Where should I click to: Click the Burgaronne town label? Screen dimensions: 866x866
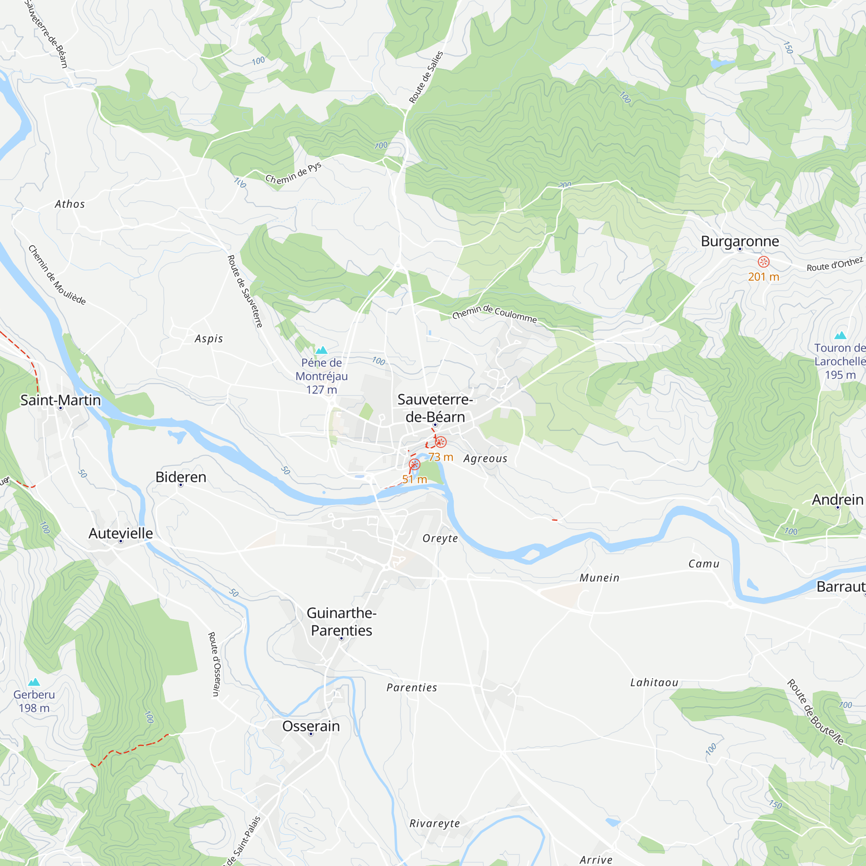[740, 241]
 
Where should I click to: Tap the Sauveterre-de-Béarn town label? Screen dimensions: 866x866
[435, 408]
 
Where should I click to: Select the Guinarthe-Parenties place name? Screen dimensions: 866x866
[341, 621]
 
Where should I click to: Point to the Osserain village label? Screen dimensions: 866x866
[310, 726]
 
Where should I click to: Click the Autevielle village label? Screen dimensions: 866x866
[120, 533]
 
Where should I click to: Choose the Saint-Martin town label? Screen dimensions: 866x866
[61, 400]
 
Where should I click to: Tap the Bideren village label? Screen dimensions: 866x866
[181, 477]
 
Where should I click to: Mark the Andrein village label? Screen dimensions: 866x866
[837, 499]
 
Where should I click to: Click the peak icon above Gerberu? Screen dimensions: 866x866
[34, 682]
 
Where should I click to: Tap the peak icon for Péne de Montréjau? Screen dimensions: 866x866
[321, 350]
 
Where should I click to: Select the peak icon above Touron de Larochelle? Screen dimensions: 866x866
[840, 335]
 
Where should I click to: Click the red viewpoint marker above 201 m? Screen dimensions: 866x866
[764, 262]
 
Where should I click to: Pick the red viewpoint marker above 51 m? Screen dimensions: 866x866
[415, 464]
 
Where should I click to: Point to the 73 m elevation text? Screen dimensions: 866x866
[441, 457]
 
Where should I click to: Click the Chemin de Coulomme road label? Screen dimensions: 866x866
[494, 313]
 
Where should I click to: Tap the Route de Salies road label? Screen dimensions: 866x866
[426, 77]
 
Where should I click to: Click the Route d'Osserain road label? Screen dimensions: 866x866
[214, 664]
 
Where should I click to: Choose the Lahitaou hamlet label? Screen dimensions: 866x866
[654, 682]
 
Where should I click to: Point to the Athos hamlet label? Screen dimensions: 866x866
[69, 204]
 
